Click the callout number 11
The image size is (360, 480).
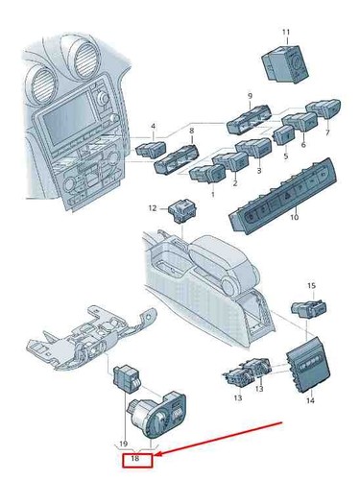click(x=286, y=32)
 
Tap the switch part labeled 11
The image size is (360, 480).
click(x=285, y=63)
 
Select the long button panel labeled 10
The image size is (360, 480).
click(x=282, y=196)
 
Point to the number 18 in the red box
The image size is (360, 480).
click(x=135, y=458)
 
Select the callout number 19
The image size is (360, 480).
click(x=124, y=444)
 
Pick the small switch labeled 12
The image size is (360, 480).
click(x=182, y=210)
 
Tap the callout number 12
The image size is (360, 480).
click(x=153, y=208)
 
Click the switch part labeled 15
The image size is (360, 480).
click(x=309, y=308)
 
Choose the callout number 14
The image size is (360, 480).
click(x=310, y=400)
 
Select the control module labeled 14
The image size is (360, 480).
click(x=308, y=364)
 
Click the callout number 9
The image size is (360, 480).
click(x=250, y=96)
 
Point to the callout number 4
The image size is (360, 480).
click(x=153, y=127)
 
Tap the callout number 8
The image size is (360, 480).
click(x=192, y=131)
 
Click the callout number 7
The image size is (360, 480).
click(x=327, y=132)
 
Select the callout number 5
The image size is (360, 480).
click(x=286, y=156)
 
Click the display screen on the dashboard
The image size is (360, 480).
click(x=68, y=119)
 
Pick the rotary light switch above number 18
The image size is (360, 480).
click(x=157, y=413)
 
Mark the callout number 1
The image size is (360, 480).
click(x=213, y=194)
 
